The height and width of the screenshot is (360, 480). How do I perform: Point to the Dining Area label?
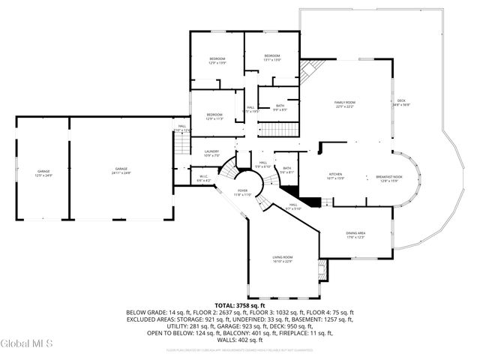(x=355, y=235)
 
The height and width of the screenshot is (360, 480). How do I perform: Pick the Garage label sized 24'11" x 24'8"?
(x=121, y=170)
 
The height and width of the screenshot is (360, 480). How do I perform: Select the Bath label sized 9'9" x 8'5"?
(x=280, y=108)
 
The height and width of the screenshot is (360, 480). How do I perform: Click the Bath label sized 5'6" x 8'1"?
(x=287, y=170)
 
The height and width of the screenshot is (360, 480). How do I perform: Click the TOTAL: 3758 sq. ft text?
(x=240, y=306)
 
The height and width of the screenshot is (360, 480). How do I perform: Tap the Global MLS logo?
(x=27, y=343)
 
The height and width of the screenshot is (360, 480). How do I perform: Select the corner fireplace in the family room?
(x=305, y=72)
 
